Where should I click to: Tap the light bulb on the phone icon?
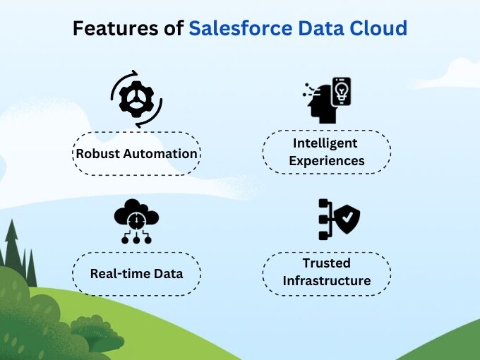(x=341, y=90)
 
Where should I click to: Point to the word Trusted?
(x=326, y=263)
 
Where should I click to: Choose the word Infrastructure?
(x=326, y=281)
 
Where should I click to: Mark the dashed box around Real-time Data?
(x=136, y=257)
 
